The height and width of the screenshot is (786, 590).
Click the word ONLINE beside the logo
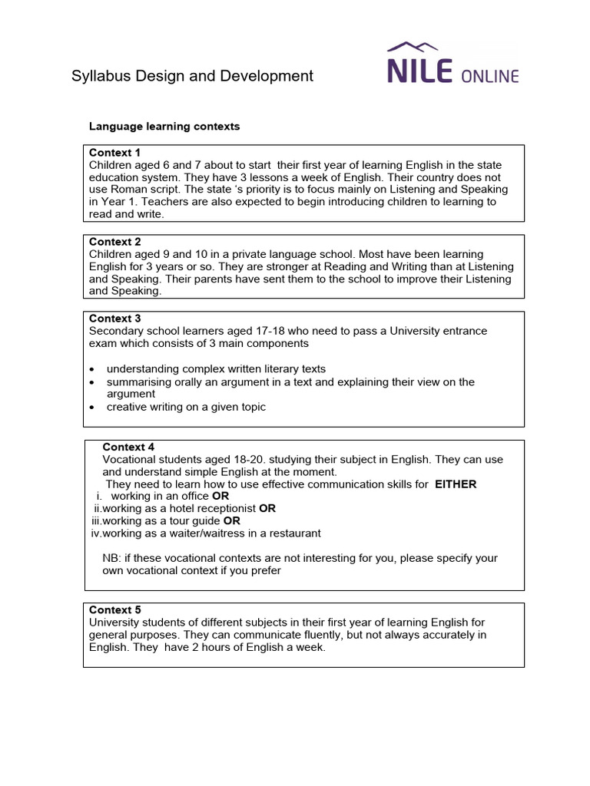490,75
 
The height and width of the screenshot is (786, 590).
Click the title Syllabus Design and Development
192,75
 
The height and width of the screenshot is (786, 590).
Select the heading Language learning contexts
164,126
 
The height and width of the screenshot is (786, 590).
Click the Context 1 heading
115,152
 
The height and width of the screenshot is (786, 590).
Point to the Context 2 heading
115,242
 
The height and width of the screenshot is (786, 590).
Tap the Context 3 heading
115,319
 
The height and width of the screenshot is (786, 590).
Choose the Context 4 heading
128,447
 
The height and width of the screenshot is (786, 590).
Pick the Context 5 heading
115,609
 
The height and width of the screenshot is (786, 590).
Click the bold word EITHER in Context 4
456,484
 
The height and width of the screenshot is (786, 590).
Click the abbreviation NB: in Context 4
112,558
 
